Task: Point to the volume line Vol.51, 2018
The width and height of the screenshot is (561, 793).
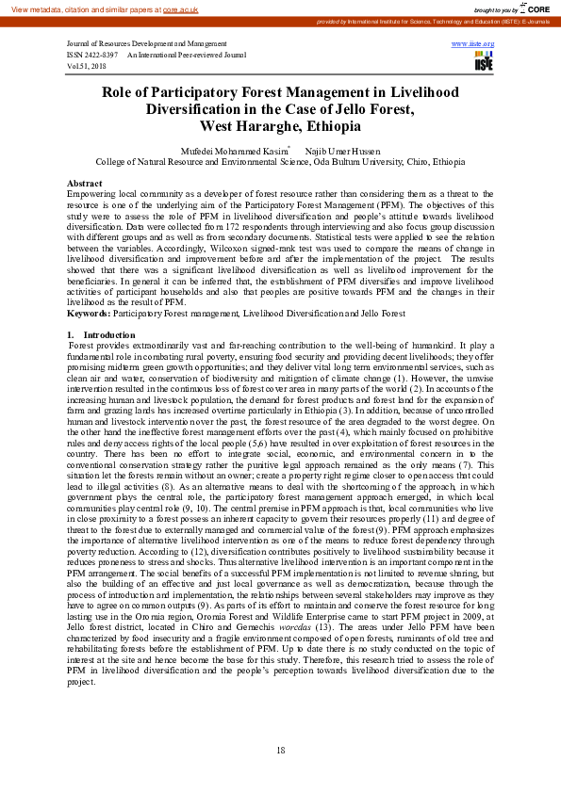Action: click(x=87, y=67)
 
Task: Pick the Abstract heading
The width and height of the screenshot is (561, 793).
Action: click(x=85, y=183)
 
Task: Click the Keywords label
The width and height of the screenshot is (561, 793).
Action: click(x=88, y=313)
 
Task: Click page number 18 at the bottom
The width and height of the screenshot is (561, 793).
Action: click(x=280, y=750)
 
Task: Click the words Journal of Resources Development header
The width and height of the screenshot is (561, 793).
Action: click(x=127, y=44)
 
